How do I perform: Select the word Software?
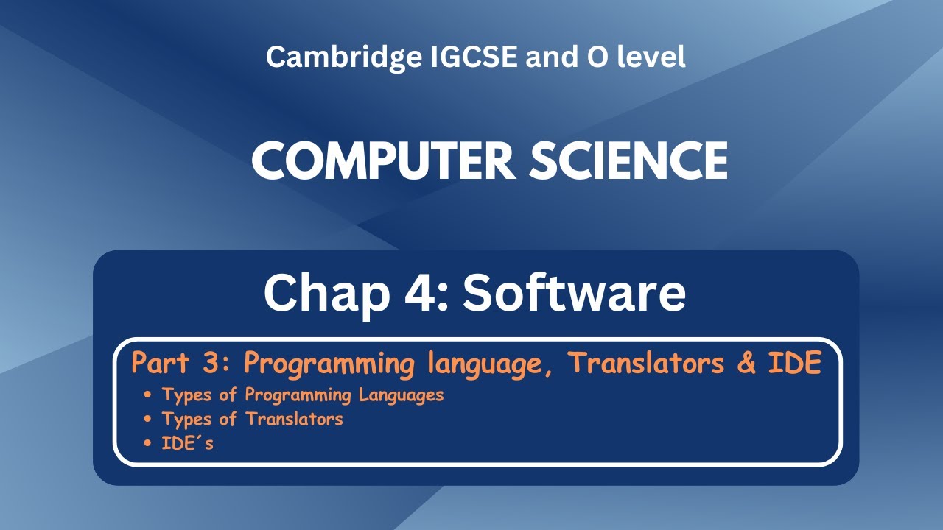point(574,293)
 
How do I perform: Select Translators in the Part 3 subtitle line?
point(647,364)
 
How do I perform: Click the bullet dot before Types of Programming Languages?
point(149,395)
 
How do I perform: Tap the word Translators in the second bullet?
point(294,419)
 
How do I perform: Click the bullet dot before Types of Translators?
point(149,419)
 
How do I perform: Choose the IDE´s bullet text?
point(188,443)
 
